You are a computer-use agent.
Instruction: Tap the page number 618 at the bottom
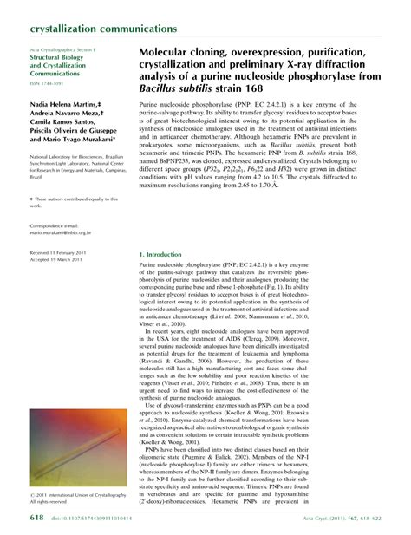(x=36, y=517)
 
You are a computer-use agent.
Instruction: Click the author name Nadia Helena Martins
(x=61, y=103)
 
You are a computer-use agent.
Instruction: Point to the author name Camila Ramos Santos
(x=64, y=124)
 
